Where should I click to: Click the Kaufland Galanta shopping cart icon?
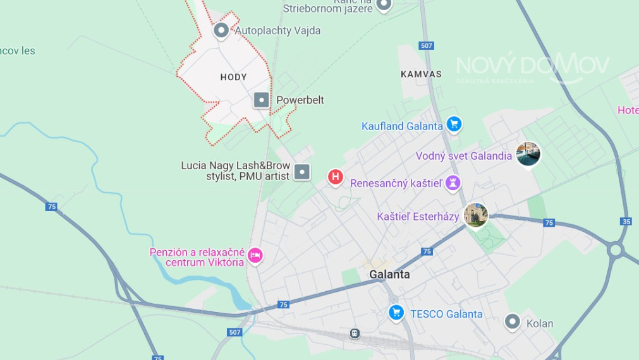(x=453, y=124)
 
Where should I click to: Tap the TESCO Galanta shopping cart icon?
(x=396, y=312)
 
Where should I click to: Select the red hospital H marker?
(x=336, y=177)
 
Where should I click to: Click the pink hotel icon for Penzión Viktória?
(x=255, y=255)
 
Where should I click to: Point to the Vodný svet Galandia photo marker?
(x=528, y=153)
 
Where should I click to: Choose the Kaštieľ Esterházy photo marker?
(x=475, y=215)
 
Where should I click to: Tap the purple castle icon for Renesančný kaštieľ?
(x=453, y=183)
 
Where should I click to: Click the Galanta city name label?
(x=389, y=275)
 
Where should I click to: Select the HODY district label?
(x=233, y=77)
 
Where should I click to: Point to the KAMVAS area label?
(x=421, y=74)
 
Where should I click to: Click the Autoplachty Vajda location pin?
(x=221, y=30)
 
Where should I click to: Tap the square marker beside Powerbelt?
(x=261, y=100)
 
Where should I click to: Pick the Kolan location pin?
(x=512, y=321)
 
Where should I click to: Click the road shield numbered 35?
(x=626, y=221)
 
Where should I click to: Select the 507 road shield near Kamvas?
(x=427, y=45)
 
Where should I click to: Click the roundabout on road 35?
(x=615, y=250)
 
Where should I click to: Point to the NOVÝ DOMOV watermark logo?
(x=532, y=67)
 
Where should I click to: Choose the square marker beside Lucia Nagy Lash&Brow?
(x=303, y=172)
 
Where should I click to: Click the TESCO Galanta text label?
(x=446, y=314)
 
